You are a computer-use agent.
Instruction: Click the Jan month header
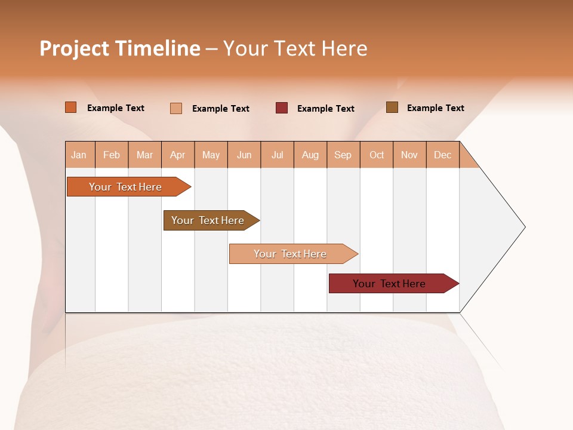tap(79, 155)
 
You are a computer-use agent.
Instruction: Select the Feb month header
tap(112, 155)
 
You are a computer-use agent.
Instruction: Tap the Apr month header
tap(178, 155)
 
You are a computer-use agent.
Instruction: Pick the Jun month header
tap(244, 155)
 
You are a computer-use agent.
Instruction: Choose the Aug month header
tap(310, 155)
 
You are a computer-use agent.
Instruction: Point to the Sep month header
tap(343, 155)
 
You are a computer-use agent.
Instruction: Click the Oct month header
tap(377, 155)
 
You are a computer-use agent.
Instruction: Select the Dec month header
tap(443, 155)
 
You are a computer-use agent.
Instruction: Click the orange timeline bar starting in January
tap(125, 187)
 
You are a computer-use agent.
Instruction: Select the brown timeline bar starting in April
tap(208, 220)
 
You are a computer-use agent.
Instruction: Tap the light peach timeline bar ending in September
tap(290, 254)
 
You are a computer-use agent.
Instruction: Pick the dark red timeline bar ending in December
tap(389, 284)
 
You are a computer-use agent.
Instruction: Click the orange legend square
tap(71, 107)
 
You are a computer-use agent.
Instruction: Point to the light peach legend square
tap(176, 108)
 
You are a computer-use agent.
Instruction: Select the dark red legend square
tap(282, 108)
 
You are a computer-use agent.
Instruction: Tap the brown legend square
tap(392, 107)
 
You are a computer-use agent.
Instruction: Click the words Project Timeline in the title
tap(120, 48)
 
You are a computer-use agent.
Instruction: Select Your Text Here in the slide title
tap(295, 48)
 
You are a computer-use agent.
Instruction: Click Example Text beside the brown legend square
tap(435, 108)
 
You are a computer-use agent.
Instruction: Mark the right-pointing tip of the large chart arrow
tap(524, 227)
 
